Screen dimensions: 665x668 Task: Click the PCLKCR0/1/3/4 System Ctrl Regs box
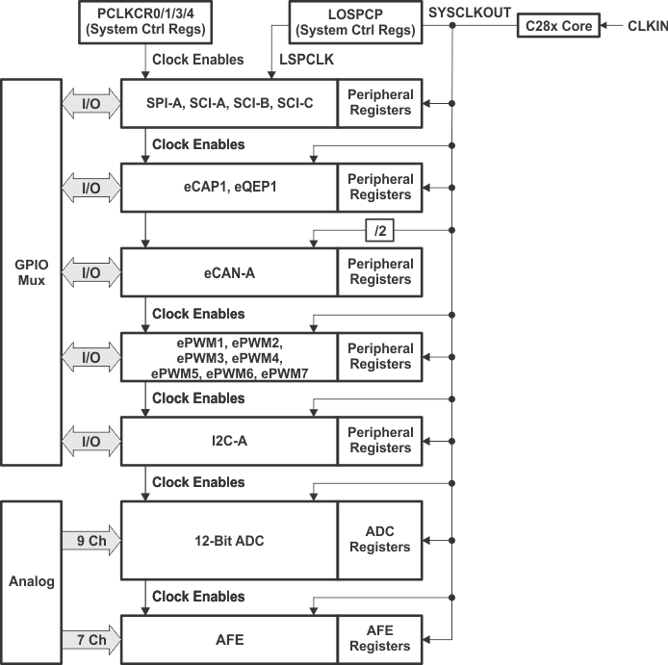pyautogui.click(x=147, y=23)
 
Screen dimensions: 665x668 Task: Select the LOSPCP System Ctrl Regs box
pyautogui.click(x=355, y=23)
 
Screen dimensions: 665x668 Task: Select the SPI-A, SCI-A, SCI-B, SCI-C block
pyautogui.click(x=228, y=103)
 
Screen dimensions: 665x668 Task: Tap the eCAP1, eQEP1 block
pyautogui.click(x=228, y=187)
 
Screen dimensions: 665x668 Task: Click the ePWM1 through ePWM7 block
pyautogui.click(x=228, y=356)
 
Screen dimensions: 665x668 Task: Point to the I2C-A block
pyautogui.click(x=228, y=441)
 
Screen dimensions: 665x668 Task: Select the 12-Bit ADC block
pyautogui.click(x=228, y=540)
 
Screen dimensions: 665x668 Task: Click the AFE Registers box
pyautogui.click(x=379, y=638)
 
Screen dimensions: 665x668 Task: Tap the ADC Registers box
pyautogui.click(x=379, y=540)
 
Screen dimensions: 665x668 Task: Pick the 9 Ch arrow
pyautogui.click(x=90, y=540)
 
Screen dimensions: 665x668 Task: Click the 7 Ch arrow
pyautogui.click(x=90, y=638)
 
